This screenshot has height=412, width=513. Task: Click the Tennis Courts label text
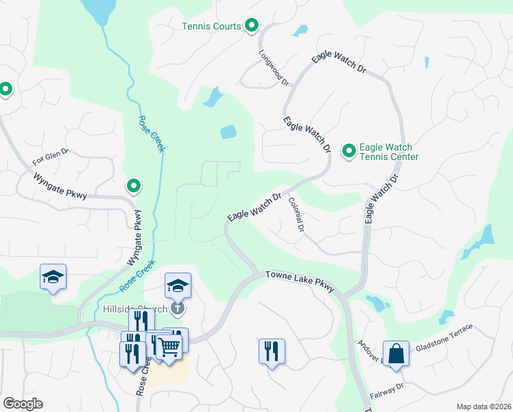(x=211, y=27)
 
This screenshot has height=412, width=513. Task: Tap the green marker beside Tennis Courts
(x=252, y=26)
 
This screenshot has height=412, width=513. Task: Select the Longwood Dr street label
(x=274, y=67)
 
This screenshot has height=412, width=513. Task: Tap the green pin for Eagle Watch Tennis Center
(x=349, y=150)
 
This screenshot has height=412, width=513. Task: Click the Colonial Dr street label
(x=296, y=215)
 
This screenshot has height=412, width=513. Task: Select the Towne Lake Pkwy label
(x=299, y=280)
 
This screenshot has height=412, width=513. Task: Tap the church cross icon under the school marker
(x=178, y=308)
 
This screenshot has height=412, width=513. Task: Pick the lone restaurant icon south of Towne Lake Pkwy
(x=272, y=351)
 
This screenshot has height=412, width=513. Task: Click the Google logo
(x=23, y=404)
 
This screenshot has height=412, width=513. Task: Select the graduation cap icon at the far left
(x=53, y=276)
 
